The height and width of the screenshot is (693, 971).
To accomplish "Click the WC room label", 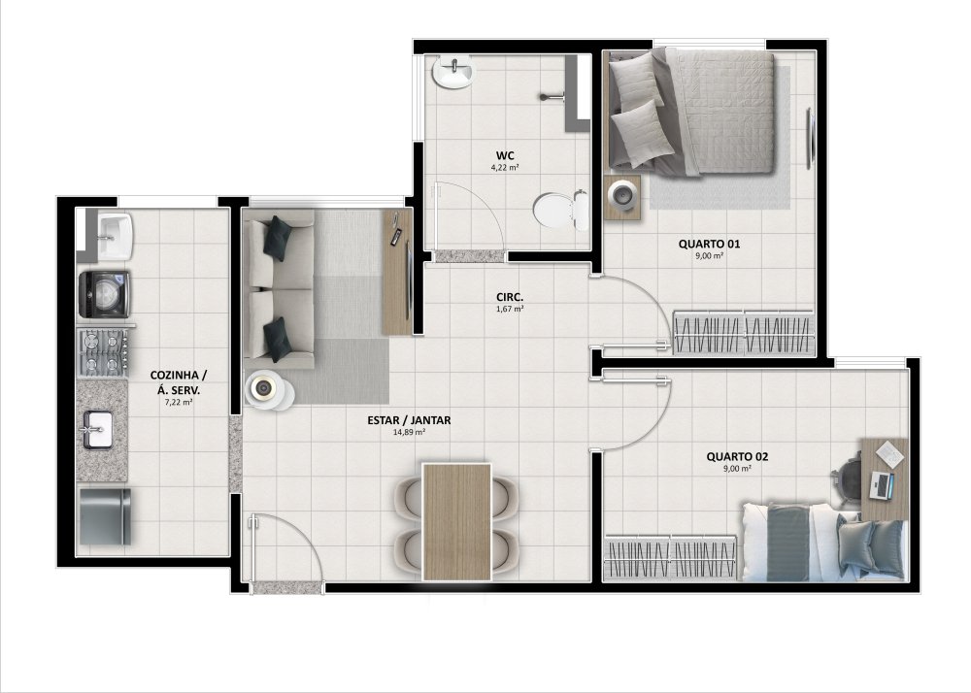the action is (505, 155).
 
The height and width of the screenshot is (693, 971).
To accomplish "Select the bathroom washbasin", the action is (453, 73).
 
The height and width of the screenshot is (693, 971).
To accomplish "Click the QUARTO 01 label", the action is (709, 244).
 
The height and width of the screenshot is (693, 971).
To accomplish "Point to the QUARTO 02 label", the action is (738, 456).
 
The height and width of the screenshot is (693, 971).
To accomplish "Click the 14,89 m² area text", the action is (409, 433).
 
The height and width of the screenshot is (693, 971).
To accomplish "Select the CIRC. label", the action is (510, 297).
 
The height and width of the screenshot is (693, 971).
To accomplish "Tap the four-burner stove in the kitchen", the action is (103, 352).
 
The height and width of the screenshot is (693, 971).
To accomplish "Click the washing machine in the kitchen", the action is (104, 294).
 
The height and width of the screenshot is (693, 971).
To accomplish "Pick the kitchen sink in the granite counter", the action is (96, 429).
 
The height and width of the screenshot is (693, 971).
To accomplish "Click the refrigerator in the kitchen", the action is (105, 516).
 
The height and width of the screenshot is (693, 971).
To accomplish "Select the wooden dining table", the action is (457, 521).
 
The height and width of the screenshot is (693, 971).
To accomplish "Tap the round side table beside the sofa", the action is (268, 389).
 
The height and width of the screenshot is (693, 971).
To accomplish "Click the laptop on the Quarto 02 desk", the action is (882, 485).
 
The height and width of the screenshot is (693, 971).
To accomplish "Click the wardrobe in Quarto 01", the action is (744, 332).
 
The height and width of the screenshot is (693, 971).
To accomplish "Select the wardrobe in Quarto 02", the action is (671, 557).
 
